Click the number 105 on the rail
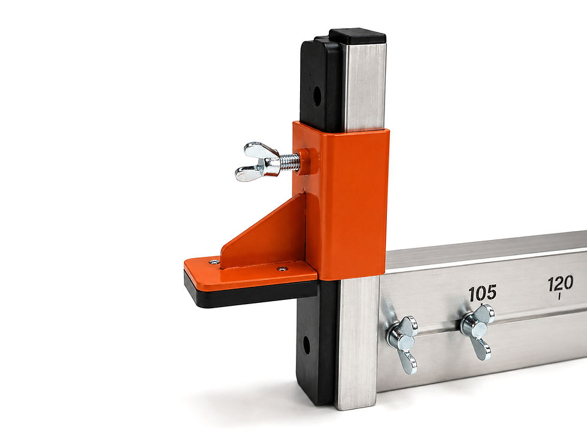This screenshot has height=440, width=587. (483, 293)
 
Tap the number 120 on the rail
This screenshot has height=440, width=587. (561, 284)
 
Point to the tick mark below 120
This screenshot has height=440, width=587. (559, 297)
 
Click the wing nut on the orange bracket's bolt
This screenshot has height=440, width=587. (258, 162)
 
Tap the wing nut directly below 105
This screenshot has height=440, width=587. (477, 331)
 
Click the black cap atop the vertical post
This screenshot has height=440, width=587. (358, 36)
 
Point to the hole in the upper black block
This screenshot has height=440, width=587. (317, 96)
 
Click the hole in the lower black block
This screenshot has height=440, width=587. (306, 345)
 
